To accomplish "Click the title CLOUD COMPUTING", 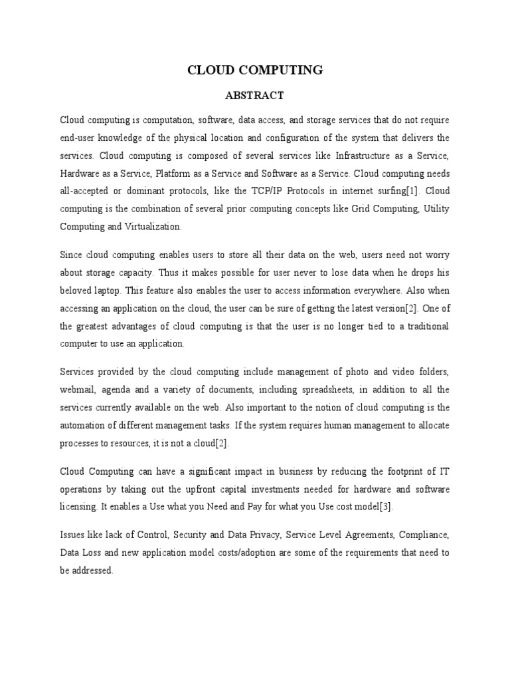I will point(255,70).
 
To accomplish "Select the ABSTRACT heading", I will point(255,96).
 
